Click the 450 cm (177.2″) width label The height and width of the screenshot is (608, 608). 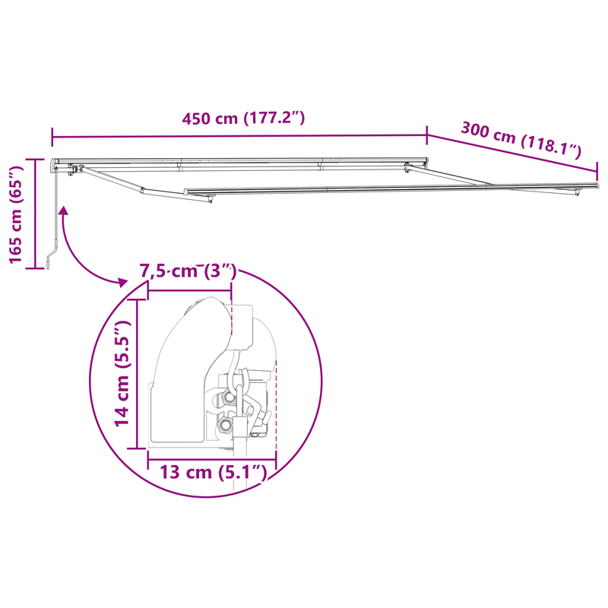click(243, 119)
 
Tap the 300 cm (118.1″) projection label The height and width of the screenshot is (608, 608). click(521, 139)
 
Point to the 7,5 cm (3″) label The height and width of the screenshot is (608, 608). click(188, 271)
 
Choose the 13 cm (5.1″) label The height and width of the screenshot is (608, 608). click(213, 472)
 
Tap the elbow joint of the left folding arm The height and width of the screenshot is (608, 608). click(142, 189)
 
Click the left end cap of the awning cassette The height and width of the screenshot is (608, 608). click(53, 164)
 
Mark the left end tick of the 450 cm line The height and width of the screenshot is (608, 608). click(52, 138)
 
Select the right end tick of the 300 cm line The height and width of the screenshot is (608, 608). click(598, 169)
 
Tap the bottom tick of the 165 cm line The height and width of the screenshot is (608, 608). click(34, 268)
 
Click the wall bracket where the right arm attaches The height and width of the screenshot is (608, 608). click(408, 168)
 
